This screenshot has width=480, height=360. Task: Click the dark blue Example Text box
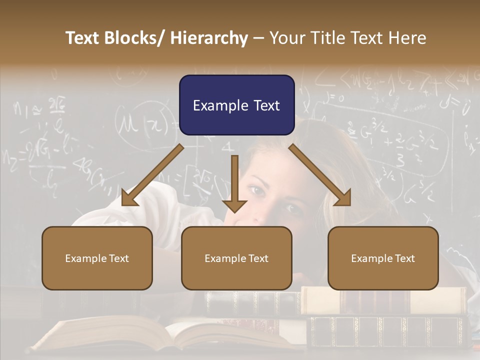click(x=236, y=105)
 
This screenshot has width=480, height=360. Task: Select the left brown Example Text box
click(x=97, y=258)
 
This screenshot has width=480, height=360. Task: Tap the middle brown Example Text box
click(x=236, y=258)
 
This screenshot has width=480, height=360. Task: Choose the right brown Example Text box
click(x=383, y=258)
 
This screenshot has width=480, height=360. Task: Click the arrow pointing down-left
click(x=150, y=176)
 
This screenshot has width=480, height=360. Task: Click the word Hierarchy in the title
click(x=209, y=38)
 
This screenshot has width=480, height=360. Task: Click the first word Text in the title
click(x=83, y=38)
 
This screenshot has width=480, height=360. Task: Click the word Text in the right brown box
click(x=404, y=258)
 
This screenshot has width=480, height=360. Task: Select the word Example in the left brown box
click(x=86, y=258)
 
